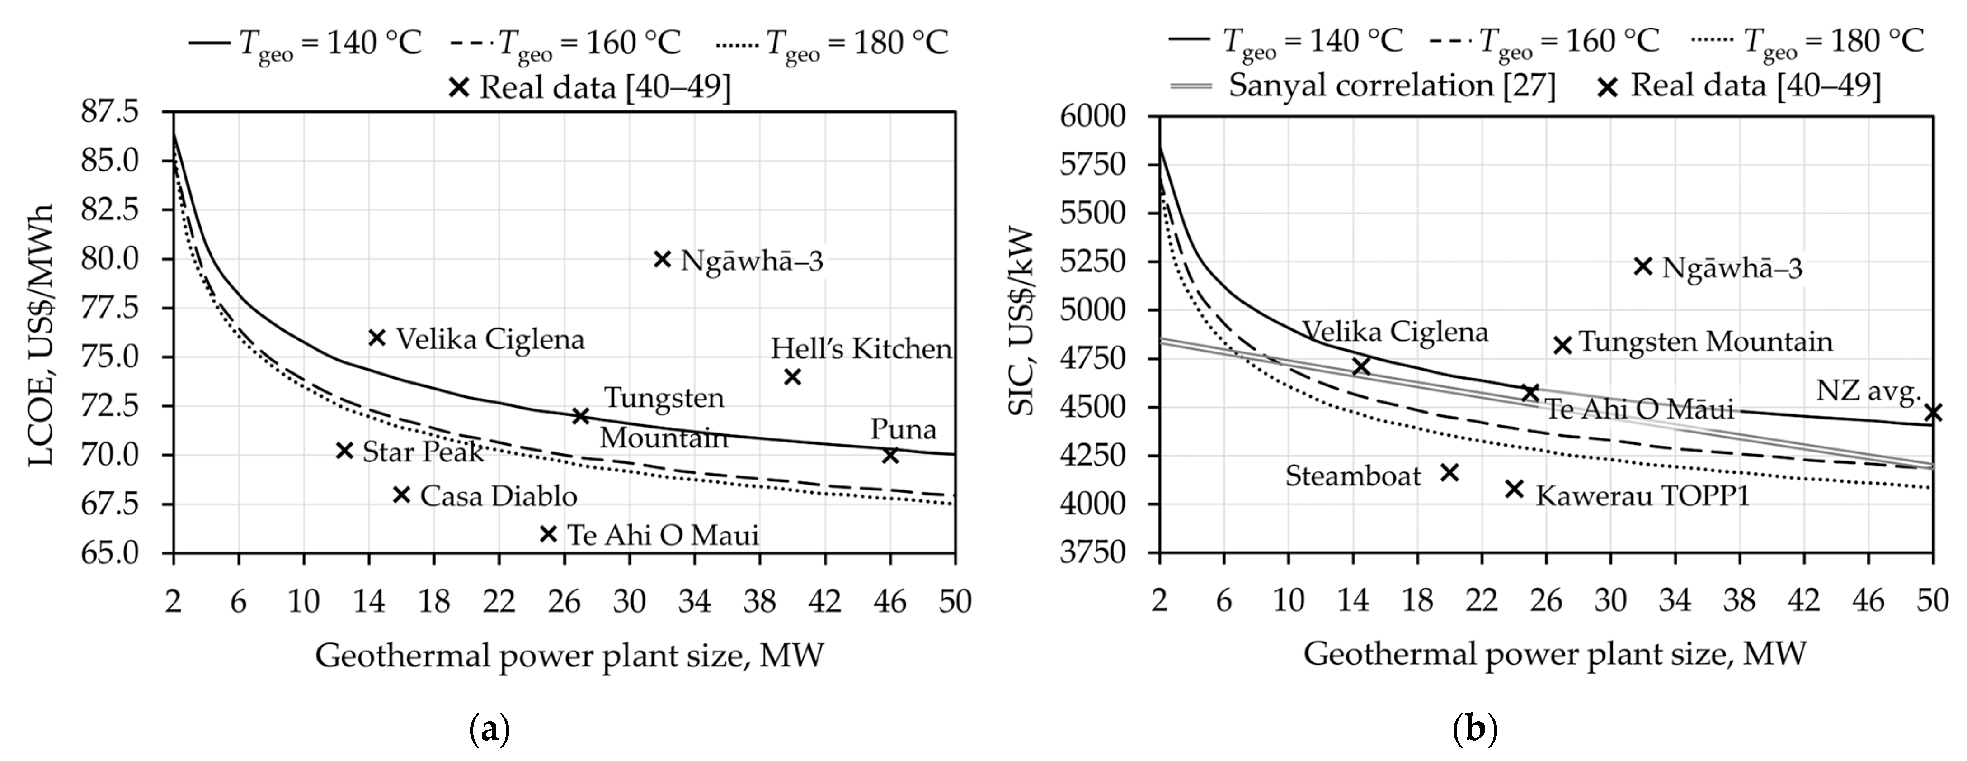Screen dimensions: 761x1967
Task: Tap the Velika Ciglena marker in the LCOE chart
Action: [x=376, y=338]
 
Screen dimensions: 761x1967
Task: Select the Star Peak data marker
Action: [x=344, y=451]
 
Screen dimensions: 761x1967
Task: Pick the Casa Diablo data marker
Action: [x=402, y=495]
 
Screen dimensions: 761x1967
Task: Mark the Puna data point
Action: [x=889, y=455]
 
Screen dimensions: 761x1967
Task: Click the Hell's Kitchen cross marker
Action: [x=793, y=377]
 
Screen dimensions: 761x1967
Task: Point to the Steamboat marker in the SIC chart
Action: [x=1449, y=473]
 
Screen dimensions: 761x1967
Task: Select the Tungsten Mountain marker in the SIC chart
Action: [x=1562, y=345]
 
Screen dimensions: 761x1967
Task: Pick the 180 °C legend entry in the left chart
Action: [x=832, y=43]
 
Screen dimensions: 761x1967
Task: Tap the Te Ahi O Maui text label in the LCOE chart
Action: [x=663, y=535]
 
